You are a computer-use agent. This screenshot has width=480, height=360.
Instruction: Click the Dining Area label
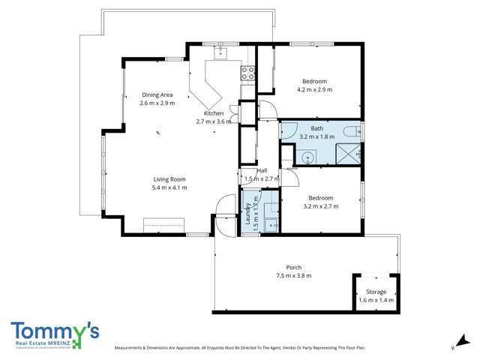[x=157, y=95]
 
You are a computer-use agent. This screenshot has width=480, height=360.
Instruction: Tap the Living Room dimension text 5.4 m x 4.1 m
[x=169, y=187]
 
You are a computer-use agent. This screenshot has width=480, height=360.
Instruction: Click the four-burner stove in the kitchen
[x=247, y=73]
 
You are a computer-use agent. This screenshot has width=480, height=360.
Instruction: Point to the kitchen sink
[x=221, y=53]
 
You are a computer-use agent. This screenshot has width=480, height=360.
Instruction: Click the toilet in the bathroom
[x=350, y=133]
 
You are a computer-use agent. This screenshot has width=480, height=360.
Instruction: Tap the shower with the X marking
[x=348, y=155]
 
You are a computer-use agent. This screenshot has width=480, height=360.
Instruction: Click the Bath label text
[x=316, y=128]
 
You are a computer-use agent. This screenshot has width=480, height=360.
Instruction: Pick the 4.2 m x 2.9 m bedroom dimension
[x=314, y=89]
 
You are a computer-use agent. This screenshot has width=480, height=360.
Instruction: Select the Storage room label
[x=376, y=292]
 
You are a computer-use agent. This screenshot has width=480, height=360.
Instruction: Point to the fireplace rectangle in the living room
[x=164, y=225]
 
